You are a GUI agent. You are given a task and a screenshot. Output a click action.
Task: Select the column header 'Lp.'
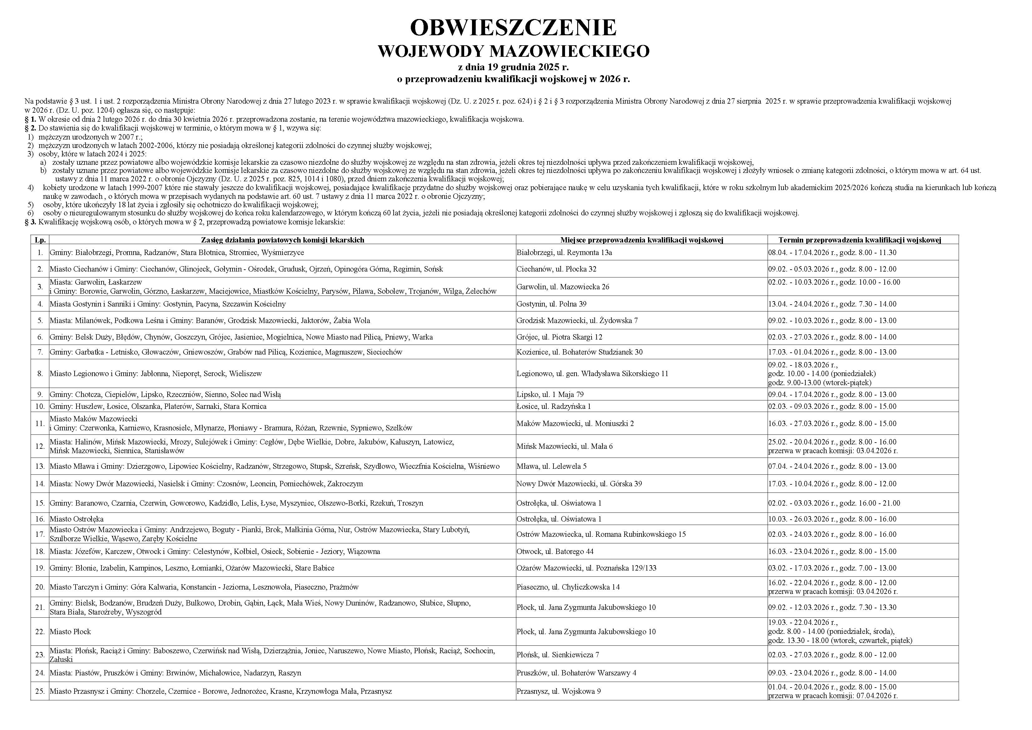click(x=40, y=240)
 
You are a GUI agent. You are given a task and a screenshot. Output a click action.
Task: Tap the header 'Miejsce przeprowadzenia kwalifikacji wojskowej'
click(x=641, y=240)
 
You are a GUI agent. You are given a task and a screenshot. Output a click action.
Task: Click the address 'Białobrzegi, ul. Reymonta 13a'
click(x=564, y=252)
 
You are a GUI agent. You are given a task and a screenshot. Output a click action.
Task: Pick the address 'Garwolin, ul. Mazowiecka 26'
click(x=563, y=287)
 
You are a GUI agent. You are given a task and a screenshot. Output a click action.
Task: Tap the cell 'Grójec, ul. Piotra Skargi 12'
click(x=559, y=337)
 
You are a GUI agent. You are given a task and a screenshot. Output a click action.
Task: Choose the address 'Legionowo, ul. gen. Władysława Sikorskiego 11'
click(x=592, y=374)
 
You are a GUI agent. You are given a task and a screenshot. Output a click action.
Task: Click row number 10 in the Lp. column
click(x=40, y=406)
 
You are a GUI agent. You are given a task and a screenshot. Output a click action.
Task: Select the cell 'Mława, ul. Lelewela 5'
click(x=552, y=466)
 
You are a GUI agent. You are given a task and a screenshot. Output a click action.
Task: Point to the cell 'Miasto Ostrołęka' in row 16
click(x=76, y=519)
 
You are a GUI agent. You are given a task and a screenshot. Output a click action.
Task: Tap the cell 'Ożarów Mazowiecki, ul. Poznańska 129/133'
click(x=586, y=568)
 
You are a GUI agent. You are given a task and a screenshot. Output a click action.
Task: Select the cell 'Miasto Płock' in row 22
click(x=70, y=632)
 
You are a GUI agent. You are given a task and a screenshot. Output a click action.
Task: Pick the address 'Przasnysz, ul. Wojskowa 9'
click(x=558, y=691)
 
